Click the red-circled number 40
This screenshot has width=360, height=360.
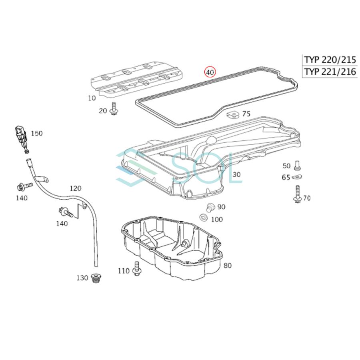210,72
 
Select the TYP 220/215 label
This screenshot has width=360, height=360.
330,60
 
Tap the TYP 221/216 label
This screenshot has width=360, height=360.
330,72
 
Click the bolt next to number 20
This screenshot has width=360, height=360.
114,108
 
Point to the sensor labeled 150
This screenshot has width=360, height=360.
20,138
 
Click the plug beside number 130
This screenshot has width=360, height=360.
96,278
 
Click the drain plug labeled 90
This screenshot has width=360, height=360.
209,207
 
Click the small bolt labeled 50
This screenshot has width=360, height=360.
297,164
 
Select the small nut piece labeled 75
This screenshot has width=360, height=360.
232,116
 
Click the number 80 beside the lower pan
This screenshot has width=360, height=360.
227,265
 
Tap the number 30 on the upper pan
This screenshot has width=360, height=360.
237,174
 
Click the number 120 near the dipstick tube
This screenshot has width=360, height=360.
75,188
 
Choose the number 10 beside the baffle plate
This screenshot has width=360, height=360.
92,98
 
